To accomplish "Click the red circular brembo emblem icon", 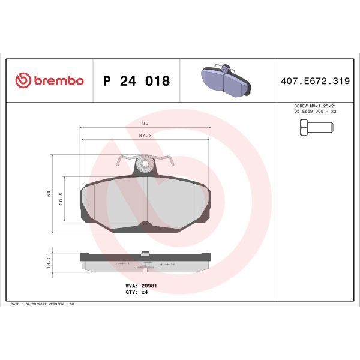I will (x=23, y=81).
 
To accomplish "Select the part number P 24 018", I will (x=136, y=81).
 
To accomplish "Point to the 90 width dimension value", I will (x=145, y=123).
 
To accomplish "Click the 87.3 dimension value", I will (x=145, y=136).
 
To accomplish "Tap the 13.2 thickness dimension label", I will (x=49, y=259).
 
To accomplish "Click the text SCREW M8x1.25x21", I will (x=314, y=106).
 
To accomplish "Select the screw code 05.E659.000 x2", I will (x=314, y=111).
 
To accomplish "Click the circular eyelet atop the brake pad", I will (x=144, y=163).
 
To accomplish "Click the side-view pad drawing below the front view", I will (x=145, y=262).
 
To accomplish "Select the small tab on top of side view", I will (x=144, y=253).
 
